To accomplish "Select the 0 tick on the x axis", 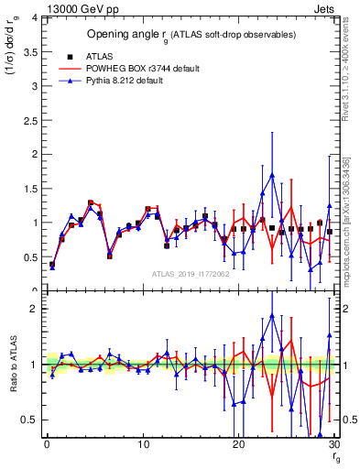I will click(x=47, y=445).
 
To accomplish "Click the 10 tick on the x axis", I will click(x=143, y=445).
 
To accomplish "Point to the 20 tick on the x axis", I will click(x=238, y=445).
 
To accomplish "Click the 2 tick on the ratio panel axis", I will click(x=36, y=309).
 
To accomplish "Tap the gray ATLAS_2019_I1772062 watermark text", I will click(x=190, y=273).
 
